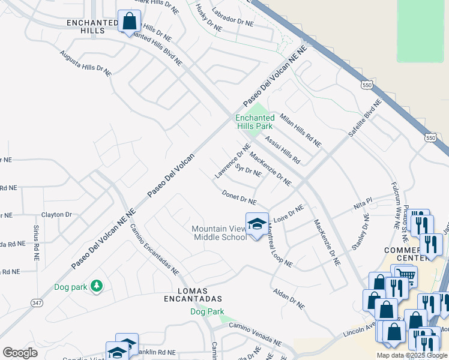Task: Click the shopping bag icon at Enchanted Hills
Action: tap(129, 22)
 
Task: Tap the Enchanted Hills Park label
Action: tap(255, 122)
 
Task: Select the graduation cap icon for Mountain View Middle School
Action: tap(257, 224)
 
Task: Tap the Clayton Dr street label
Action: tap(56, 214)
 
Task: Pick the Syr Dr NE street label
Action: tap(248, 170)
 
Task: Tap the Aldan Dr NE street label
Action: tap(289, 298)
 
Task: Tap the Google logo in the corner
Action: tap(20, 353)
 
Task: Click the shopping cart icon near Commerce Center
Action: tap(407, 275)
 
